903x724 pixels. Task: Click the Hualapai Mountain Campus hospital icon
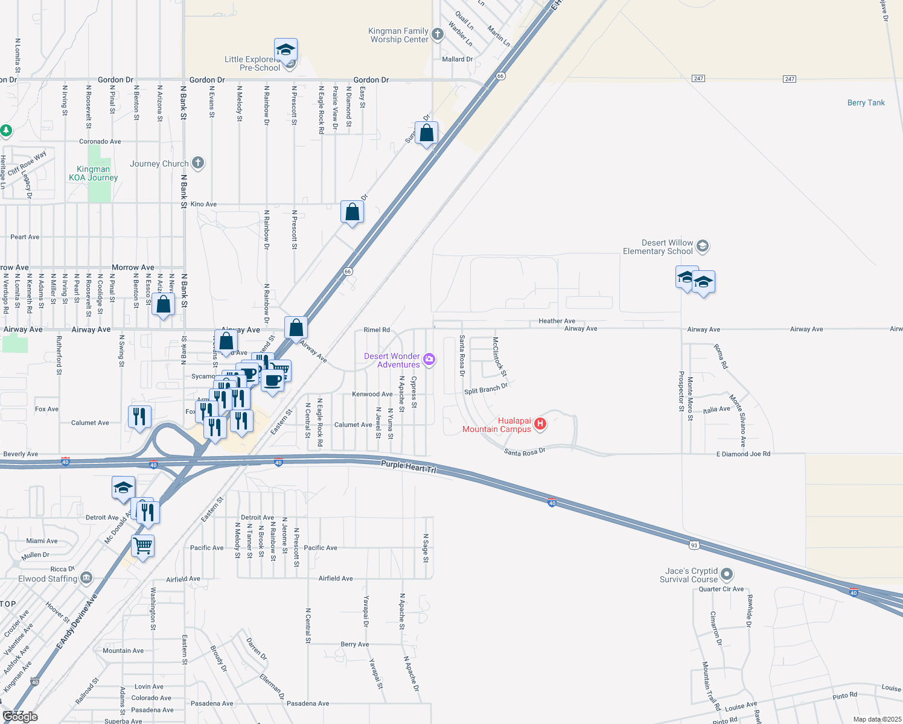point(540,424)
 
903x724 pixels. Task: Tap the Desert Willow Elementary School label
point(658,247)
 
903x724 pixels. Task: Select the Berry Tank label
point(866,103)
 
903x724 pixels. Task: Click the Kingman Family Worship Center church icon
point(438,34)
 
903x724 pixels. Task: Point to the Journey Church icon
point(198,163)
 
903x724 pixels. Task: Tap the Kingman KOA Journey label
point(94,174)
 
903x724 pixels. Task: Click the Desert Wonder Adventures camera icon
point(429,360)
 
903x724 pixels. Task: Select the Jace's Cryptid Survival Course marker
point(727,574)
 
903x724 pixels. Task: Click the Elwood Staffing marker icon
point(86,578)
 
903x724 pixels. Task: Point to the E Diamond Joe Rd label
point(743,454)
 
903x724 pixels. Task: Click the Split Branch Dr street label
point(486,389)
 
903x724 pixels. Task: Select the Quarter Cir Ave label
point(721,589)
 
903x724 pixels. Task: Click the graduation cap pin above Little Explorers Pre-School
point(286,50)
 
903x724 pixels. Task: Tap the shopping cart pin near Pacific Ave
point(143,546)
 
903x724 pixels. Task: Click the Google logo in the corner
point(20,716)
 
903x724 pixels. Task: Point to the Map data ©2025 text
point(877,719)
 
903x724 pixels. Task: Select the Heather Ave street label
point(557,321)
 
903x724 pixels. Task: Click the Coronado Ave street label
point(100,142)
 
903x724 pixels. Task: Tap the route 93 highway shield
point(694,545)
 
